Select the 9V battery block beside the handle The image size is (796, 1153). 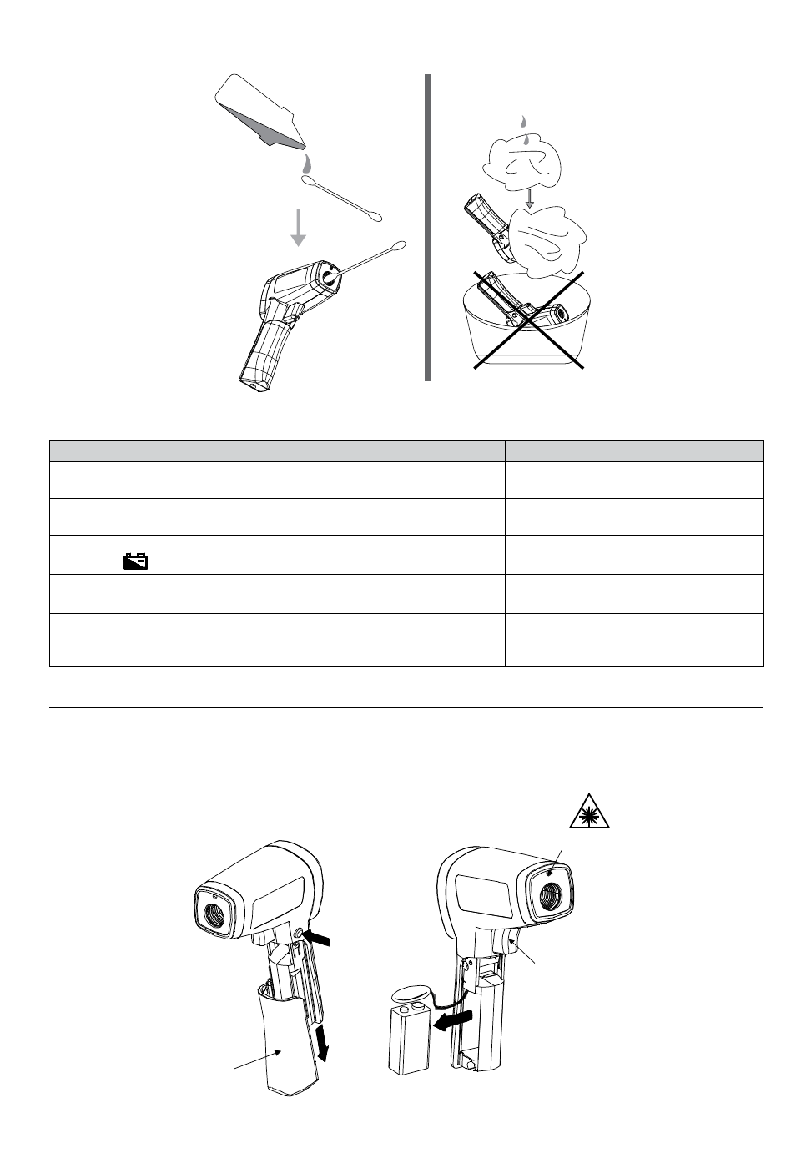(409, 1040)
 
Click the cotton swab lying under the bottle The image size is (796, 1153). (341, 198)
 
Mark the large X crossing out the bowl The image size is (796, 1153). (528, 320)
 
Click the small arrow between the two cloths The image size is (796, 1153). (528, 199)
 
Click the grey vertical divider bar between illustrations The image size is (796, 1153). (427, 227)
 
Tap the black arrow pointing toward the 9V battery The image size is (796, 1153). (452, 1020)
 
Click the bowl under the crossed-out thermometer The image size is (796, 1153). (527, 334)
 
